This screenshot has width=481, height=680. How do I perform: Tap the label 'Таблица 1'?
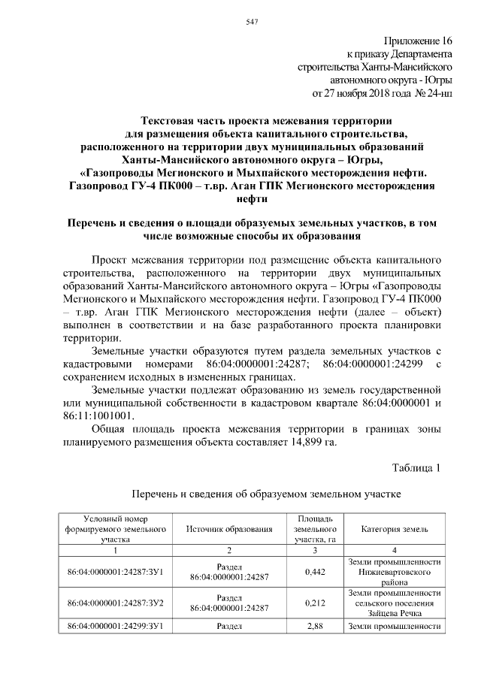416,468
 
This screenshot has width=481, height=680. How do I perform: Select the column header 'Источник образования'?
228,529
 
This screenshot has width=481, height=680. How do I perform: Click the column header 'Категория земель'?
395,529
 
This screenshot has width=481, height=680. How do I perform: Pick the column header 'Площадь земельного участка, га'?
315,529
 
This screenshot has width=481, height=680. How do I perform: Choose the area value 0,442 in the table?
315,572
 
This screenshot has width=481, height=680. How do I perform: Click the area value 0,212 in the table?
315,602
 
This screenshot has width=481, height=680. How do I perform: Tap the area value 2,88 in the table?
315,624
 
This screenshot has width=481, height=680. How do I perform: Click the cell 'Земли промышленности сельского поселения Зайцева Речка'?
395,602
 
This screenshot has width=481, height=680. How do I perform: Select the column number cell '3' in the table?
315,550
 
